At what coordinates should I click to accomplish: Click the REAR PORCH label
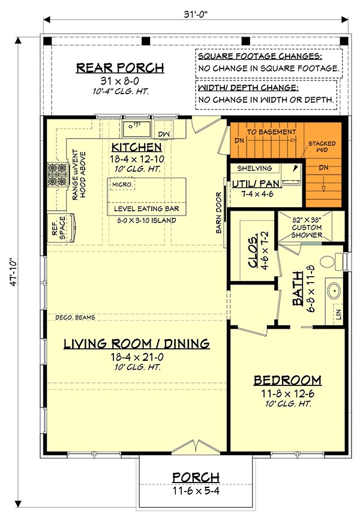[x=119, y=67]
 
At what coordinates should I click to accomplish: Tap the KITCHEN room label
[x=136, y=147]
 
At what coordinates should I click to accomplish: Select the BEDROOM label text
[x=287, y=381]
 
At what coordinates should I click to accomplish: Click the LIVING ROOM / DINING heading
[x=137, y=344]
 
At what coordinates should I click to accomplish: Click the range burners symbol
[x=57, y=173]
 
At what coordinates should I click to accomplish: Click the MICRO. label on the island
[x=122, y=184]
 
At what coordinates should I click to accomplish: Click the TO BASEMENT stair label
[x=271, y=131]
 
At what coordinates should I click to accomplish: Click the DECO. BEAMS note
[x=75, y=317]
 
